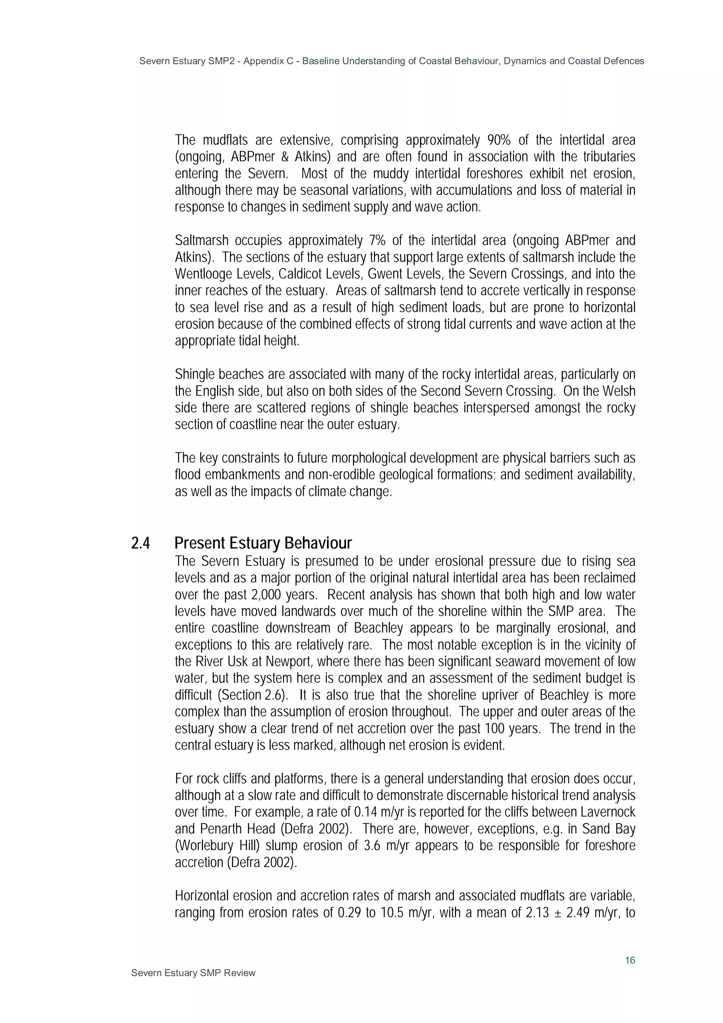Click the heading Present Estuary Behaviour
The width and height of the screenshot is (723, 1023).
[x=263, y=543]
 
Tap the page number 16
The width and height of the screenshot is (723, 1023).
[x=629, y=960]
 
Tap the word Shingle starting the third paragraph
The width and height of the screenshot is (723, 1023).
[x=195, y=374]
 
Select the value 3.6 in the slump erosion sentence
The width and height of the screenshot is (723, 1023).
[x=372, y=845]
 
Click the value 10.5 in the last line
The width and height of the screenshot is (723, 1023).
[x=392, y=912]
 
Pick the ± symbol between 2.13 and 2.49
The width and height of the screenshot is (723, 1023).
[x=557, y=912]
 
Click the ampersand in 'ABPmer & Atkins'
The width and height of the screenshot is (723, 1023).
[x=285, y=157]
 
